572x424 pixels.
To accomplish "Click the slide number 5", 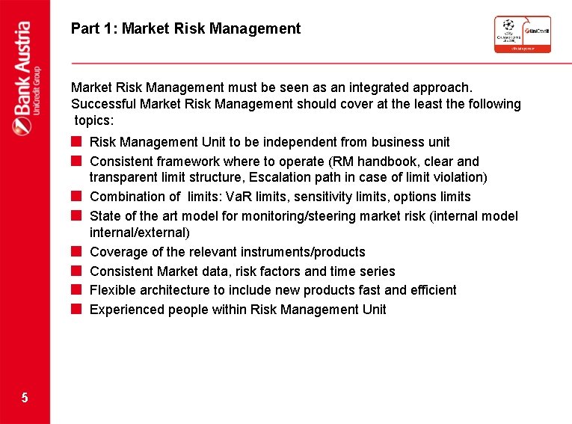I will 25,398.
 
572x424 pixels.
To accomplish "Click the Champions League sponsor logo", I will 522,34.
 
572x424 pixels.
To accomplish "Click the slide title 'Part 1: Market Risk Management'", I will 185,29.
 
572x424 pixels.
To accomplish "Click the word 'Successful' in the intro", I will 103,104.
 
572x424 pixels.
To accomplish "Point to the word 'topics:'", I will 96,120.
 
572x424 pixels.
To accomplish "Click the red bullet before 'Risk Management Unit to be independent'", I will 76,141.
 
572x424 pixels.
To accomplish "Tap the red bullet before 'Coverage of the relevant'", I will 76,251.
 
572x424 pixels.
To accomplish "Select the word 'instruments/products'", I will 303,252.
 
